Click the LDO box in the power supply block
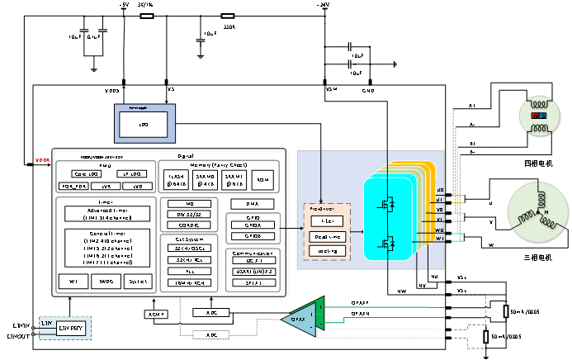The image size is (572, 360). pos(143,125)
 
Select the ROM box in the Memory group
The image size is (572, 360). pos(262,179)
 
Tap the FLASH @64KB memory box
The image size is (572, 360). pos(177,179)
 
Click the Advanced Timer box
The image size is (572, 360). pos(107,213)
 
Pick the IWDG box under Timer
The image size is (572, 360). pos(106,282)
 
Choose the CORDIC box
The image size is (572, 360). pos(189,225)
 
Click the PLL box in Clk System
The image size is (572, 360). pos(189,271)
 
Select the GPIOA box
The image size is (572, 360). pos(253,224)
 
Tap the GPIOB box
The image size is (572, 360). pos(253,235)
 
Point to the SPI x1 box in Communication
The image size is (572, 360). pos(253,282)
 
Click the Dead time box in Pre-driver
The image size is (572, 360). pos(327,236)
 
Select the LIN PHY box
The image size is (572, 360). pos(71,328)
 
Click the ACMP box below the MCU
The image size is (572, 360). pos(156,314)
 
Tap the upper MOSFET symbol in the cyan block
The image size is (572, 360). pos(386,202)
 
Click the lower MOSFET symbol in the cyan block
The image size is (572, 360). pos(386,243)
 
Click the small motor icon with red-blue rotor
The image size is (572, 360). pos(539,116)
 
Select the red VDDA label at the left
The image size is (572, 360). pos(42,160)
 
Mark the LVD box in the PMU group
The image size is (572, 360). pos(138,187)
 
